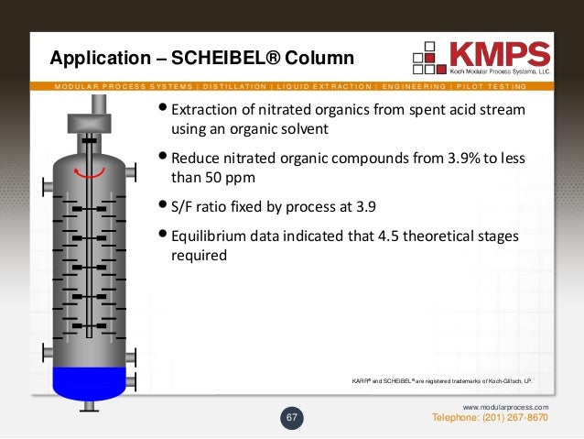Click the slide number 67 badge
292,418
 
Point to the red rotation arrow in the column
89,175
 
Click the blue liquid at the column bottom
88,379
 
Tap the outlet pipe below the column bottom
88,406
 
